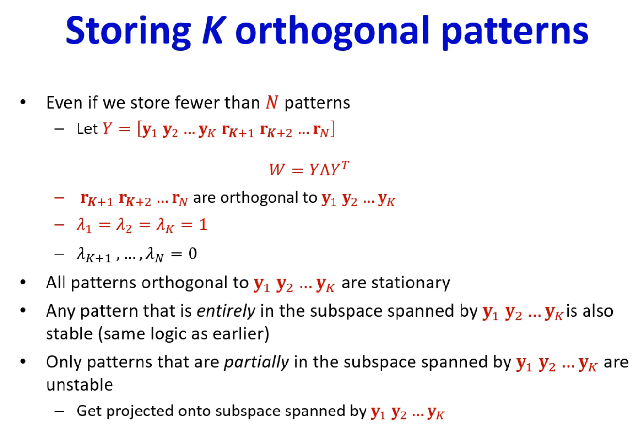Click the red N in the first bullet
point(272,102)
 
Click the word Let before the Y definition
point(87,129)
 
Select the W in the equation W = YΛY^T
point(277,170)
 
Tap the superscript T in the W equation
point(345,165)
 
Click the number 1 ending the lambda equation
point(203,225)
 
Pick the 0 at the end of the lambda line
point(193,254)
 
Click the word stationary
point(411,283)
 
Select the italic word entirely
point(226,311)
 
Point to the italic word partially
point(256,363)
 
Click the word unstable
point(79,385)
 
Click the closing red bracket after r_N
point(333,129)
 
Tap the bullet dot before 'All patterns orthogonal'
point(23,282)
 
